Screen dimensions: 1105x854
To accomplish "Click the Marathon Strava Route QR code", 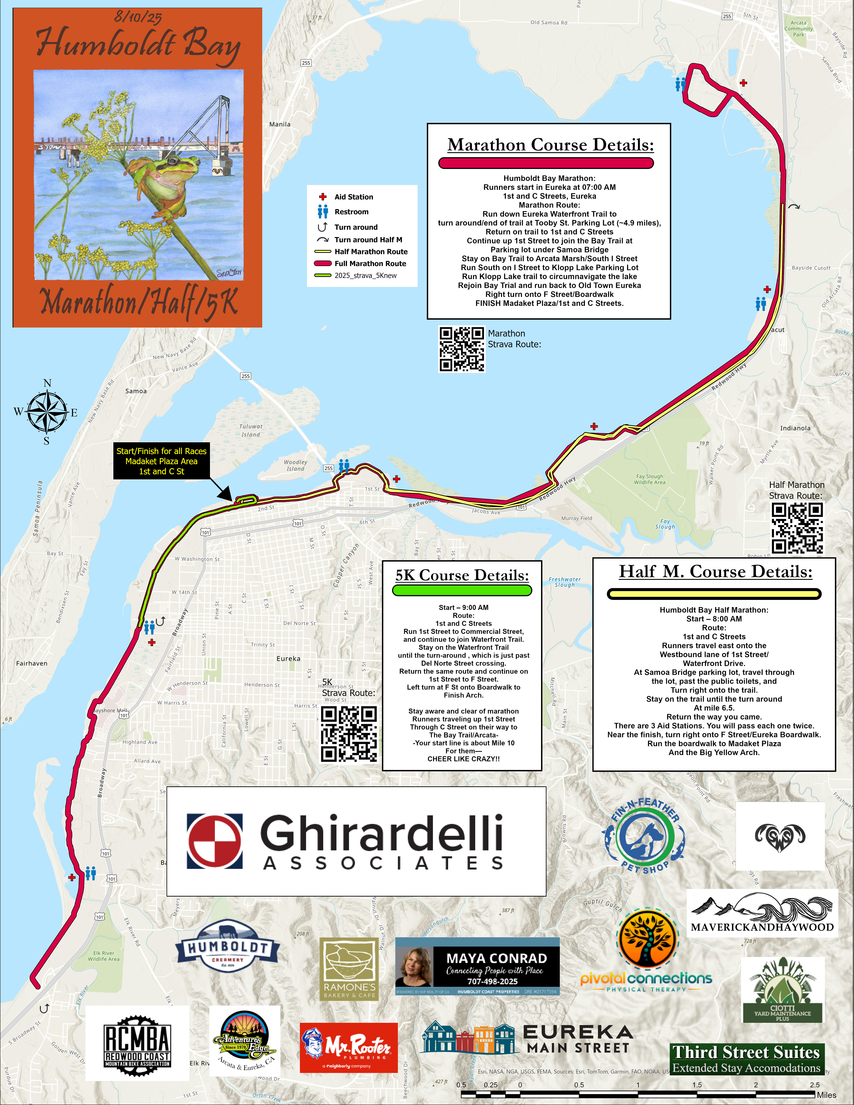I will [x=461, y=349].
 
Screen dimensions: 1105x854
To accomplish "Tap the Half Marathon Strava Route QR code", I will [x=797, y=528].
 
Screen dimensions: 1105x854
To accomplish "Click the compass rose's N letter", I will [x=47, y=383].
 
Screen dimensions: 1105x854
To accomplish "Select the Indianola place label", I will [x=795, y=428].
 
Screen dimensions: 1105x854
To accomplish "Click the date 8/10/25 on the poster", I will [x=138, y=17].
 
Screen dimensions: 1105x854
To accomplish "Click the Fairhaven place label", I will [x=32, y=663].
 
